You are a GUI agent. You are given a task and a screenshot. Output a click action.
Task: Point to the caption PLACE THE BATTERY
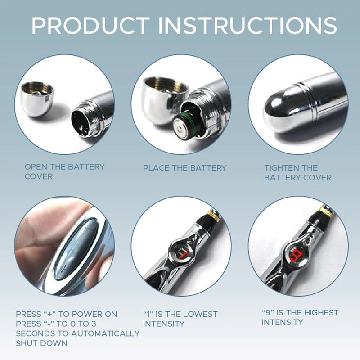click(x=184, y=168)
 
